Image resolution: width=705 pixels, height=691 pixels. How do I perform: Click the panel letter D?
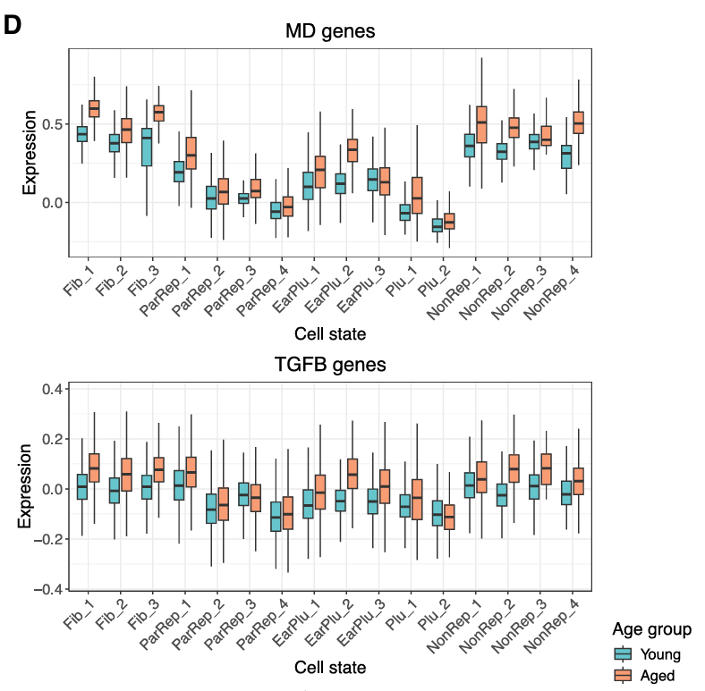13,25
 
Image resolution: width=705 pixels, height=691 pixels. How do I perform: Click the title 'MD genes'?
329,31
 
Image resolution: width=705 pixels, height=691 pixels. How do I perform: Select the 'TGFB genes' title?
329,365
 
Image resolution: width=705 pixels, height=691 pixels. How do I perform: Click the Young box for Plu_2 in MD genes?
437,225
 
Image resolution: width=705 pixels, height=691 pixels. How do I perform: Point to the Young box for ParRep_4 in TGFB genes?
276,516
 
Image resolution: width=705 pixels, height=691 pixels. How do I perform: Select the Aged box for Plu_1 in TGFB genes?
416,499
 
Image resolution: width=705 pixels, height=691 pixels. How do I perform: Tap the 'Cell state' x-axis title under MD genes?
329,333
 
